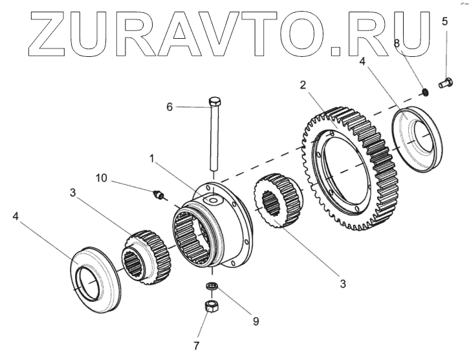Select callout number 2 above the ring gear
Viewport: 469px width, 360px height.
click(303, 85)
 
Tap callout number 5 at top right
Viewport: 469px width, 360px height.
click(444, 21)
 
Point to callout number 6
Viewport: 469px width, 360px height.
click(169, 107)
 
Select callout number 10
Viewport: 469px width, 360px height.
click(102, 177)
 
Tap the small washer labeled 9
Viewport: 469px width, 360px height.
click(212, 286)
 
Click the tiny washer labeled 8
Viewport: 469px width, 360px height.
click(425, 92)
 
